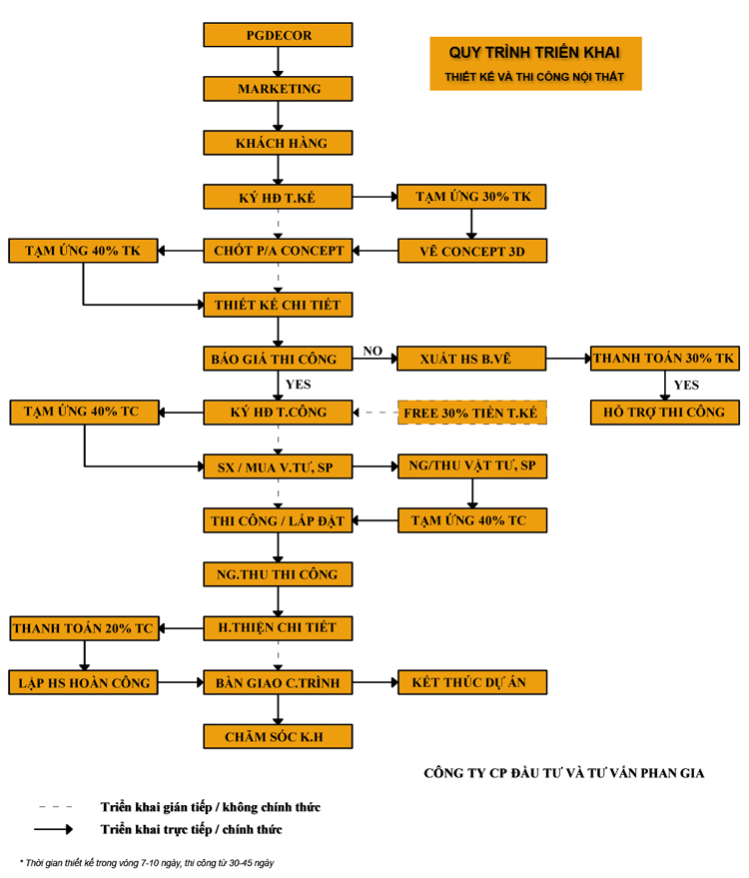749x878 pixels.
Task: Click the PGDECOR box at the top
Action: (x=279, y=35)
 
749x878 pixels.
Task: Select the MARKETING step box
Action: (x=279, y=89)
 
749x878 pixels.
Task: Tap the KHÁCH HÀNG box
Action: (x=279, y=143)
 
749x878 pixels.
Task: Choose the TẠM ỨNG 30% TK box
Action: (x=472, y=197)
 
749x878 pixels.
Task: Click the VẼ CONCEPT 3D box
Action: (x=472, y=251)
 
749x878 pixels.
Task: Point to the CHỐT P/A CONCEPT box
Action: (x=279, y=251)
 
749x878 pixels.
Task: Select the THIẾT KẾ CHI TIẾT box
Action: (x=279, y=305)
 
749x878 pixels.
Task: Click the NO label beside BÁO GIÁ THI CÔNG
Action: (x=373, y=351)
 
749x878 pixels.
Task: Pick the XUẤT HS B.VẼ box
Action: (x=472, y=359)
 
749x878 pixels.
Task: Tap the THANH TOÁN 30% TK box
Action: (x=664, y=359)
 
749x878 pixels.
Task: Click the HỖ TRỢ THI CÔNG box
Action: (x=664, y=412)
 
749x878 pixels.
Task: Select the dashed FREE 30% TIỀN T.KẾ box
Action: (x=472, y=413)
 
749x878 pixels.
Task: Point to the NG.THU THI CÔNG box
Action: (x=279, y=574)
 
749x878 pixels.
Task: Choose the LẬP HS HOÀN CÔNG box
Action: (x=84, y=683)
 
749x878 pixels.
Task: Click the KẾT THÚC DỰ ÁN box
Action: (x=472, y=683)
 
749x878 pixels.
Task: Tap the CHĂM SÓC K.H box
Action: (x=279, y=737)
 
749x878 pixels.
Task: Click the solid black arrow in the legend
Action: (x=54, y=829)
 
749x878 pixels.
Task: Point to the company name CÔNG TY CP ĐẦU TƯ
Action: (x=563, y=772)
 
